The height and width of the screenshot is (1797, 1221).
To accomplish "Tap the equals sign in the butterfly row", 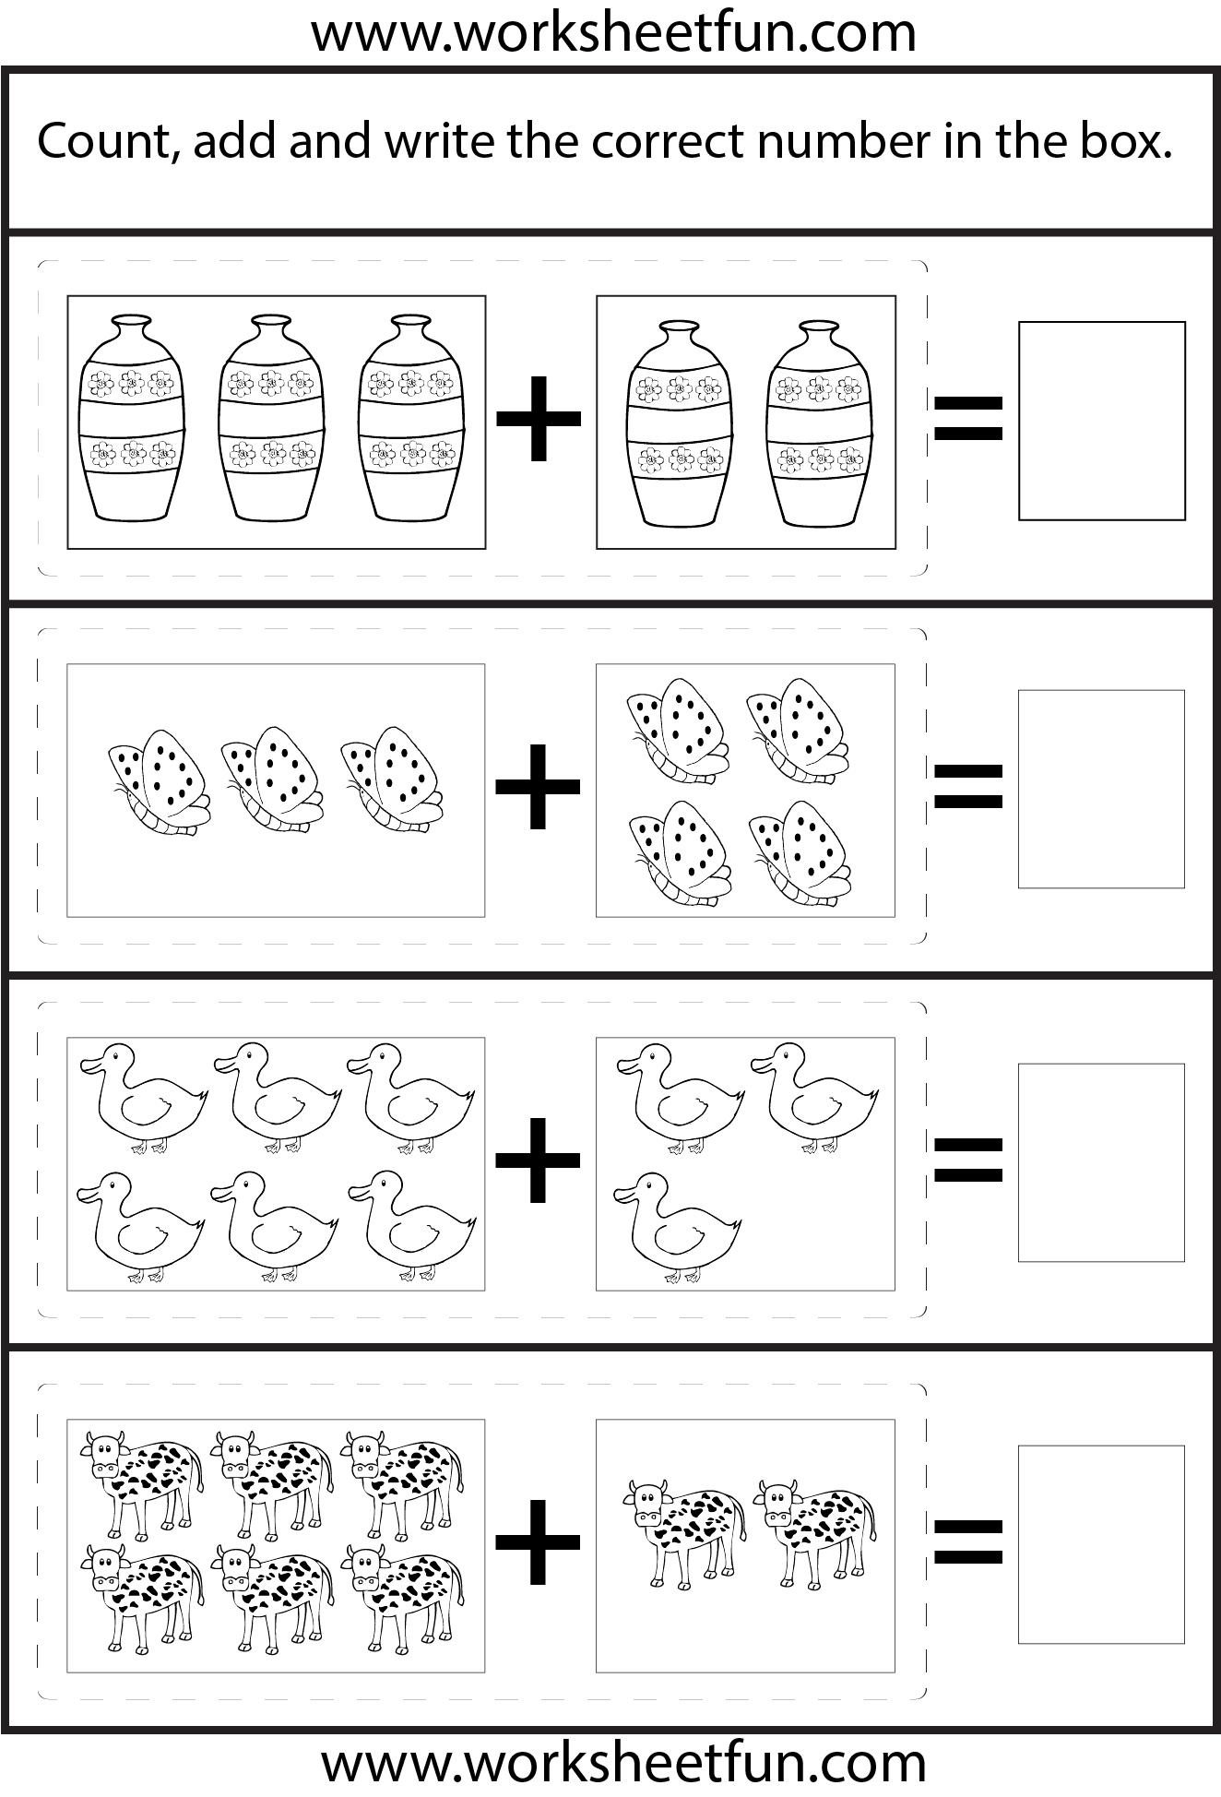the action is click(x=967, y=786).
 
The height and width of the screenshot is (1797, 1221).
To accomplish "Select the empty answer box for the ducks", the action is click(x=1101, y=1162).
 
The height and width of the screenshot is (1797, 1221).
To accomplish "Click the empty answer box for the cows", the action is click(x=1101, y=1544).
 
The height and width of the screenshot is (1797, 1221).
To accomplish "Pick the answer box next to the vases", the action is click(x=1102, y=421).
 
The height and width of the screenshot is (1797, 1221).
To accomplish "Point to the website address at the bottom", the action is click(x=623, y=1763).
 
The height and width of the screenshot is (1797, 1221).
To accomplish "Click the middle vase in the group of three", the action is click(x=272, y=417).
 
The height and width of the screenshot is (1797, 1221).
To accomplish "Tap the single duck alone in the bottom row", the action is click(x=677, y=1227).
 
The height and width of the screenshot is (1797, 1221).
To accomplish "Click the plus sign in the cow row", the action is click(x=539, y=1541).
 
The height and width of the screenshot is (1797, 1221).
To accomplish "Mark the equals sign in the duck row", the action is click(x=967, y=1160).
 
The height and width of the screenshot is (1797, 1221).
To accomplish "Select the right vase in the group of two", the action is click(x=818, y=423).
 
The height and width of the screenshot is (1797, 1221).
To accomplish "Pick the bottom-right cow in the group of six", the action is click(x=402, y=1598).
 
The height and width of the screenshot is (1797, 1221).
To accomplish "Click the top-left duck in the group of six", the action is click(x=144, y=1098).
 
